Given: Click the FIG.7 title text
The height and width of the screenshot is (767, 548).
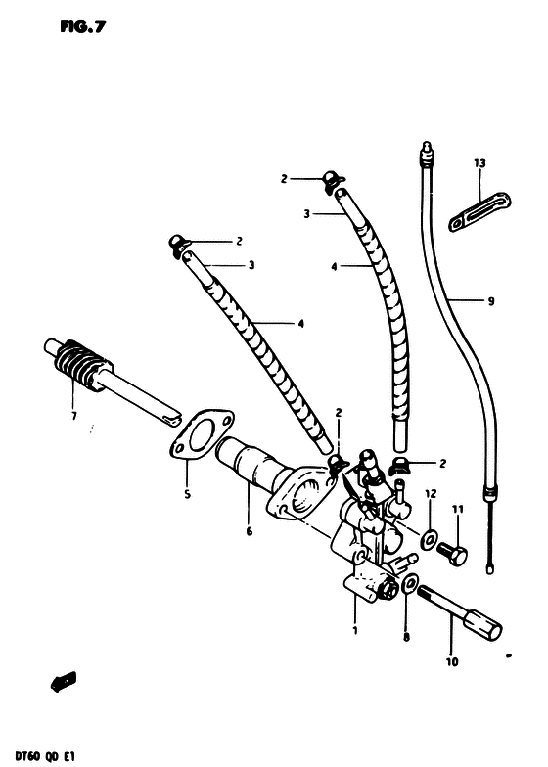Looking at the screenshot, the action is [82, 26].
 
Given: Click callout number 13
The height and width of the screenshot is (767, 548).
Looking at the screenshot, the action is [479, 162].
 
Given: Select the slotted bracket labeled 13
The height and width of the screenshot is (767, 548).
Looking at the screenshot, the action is [479, 211].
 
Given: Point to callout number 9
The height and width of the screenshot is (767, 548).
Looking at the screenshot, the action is [491, 301].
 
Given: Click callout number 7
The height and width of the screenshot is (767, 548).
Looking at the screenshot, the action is [74, 417].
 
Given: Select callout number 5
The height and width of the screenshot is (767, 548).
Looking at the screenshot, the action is [187, 495].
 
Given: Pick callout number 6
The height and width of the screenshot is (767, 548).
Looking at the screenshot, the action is [249, 531].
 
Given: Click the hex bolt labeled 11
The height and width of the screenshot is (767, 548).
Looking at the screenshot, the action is [452, 554].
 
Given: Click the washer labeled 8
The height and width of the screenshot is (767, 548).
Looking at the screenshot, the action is [409, 583].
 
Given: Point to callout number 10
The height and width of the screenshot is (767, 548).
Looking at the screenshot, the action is [452, 662].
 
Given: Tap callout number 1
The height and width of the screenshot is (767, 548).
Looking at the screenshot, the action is [355, 630].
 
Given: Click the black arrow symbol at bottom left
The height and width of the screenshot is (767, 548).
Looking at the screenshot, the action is [64, 681].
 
